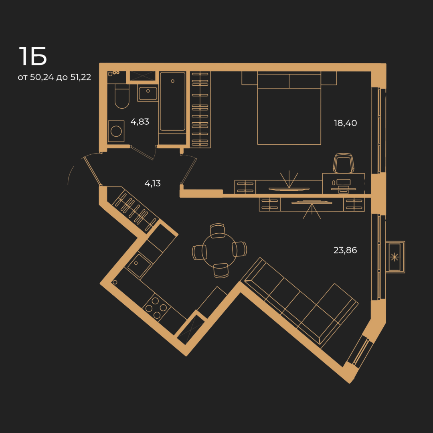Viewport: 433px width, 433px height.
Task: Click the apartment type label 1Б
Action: point(32,56)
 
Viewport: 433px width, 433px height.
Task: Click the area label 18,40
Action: point(345,123)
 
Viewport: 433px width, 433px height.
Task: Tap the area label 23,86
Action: point(345,250)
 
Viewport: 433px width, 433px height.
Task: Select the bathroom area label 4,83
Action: point(140,122)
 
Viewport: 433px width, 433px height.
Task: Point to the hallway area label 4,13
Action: point(152,183)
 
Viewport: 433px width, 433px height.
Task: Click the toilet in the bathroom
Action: point(122,96)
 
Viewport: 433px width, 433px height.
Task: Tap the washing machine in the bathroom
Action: point(116,131)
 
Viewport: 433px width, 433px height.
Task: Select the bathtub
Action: point(172,101)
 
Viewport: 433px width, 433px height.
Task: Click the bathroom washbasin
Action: point(148,93)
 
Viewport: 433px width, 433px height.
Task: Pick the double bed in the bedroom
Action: point(289,108)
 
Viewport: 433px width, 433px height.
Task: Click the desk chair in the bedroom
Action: point(343,163)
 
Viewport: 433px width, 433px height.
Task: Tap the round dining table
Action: point(219,251)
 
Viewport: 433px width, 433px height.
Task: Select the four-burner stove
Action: point(156,308)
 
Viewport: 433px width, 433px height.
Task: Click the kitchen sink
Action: point(139,266)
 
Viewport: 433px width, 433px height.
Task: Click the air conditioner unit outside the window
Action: point(395,257)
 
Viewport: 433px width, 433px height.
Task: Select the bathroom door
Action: point(142,153)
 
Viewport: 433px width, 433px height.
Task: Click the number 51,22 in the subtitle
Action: point(81,77)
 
